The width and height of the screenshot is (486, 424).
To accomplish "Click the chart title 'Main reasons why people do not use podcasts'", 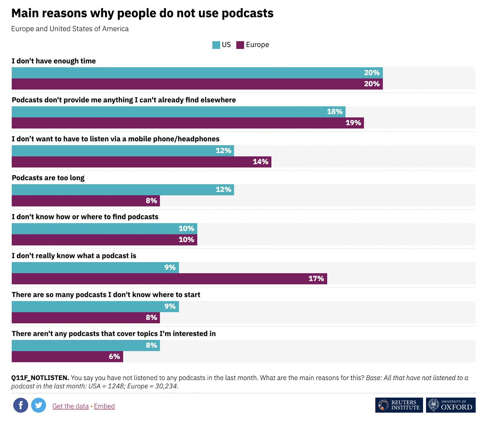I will (x=142, y=13).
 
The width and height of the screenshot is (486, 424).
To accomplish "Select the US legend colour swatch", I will (x=216, y=45).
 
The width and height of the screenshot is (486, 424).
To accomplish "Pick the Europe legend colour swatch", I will (x=240, y=45).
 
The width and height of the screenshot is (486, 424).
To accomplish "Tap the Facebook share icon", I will (x=21, y=405).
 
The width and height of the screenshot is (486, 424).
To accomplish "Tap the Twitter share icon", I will (x=39, y=405).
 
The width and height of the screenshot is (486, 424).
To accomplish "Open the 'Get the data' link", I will (x=70, y=406).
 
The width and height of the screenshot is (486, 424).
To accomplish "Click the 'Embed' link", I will (x=104, y=406).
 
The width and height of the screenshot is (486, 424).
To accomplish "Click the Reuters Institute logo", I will (x=399, y=405).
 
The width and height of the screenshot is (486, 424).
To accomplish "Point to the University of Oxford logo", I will (x=450, y=405).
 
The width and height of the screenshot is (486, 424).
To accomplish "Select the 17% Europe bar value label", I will (x=316, y=279).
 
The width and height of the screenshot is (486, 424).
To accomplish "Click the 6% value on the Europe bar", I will (x=114, y=357).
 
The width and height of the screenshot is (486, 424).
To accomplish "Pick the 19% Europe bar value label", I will (x=353, y=123).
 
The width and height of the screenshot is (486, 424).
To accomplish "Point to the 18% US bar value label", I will (x=334, y=112).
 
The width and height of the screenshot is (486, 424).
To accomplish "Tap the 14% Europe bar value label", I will (x=260, y=162).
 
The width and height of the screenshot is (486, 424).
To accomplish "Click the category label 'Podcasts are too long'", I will (x=48, y=178).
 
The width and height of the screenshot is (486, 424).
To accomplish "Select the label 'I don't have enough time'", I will (x=54, y=61).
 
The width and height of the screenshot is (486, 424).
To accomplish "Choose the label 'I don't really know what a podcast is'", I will (x=74, y=256).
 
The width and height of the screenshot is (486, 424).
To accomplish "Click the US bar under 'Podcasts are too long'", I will (x=123, y=190).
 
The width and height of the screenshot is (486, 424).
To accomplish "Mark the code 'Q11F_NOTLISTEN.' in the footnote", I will (x=40, y=378).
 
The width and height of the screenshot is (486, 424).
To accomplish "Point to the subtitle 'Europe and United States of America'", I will (x=70, y=29).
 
